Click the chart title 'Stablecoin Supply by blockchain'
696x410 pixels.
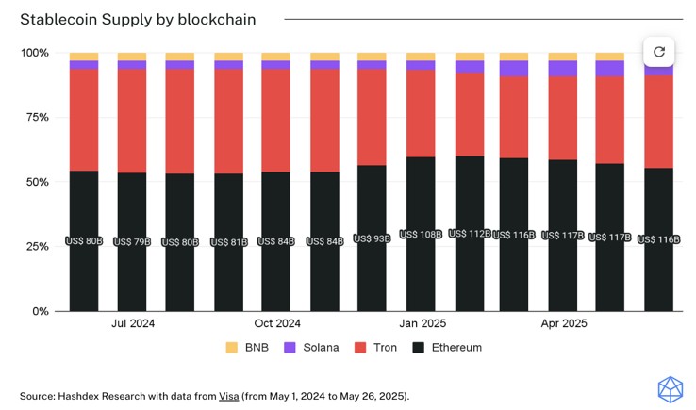(x=138, y=19)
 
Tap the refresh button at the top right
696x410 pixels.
(x=658, y=52)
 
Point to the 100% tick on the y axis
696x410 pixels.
(x=35, y=53)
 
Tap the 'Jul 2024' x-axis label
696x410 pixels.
(x=132, y=323)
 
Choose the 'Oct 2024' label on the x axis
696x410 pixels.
(x=277, y=323)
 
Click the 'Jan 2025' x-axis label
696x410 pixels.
(x=422, y=323)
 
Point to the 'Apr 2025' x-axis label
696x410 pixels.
(x=563, y=323)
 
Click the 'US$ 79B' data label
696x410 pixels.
(x=132, y=242)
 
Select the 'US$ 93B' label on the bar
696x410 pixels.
(x=373, y=239)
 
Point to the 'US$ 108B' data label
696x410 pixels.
(x=421, y=234)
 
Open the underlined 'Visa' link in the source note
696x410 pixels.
(x=229, y=396)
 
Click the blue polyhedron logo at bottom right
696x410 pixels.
(x=670, y=389)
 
